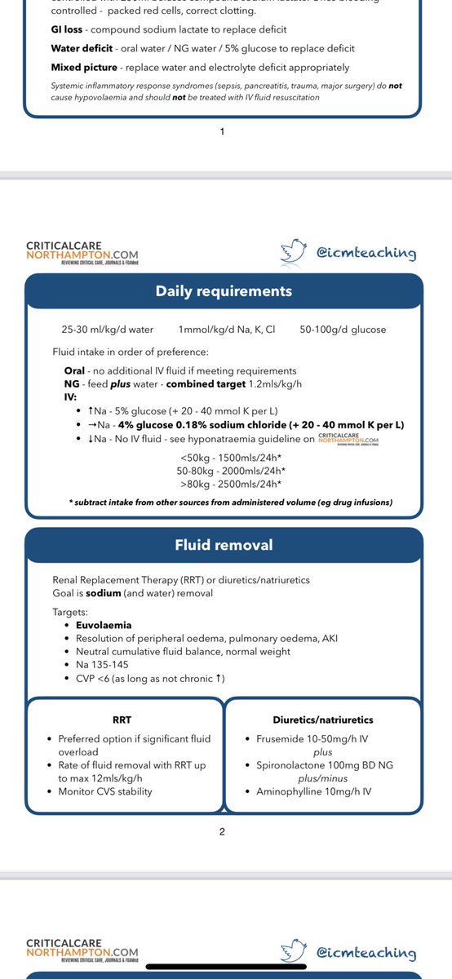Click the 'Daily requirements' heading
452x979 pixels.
point(224,291)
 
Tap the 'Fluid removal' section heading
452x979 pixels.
point(224,545)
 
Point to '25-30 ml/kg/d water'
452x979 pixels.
point(107,330)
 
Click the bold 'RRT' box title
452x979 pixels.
point(122,720)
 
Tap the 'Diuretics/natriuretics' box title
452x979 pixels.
point(322,720)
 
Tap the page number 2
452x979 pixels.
point(222,832)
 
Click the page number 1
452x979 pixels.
point(222,131)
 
